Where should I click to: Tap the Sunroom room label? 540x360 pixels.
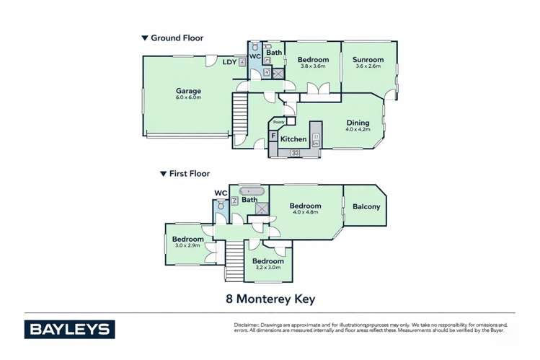point(368,60)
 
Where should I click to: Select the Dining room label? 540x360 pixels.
point(358,123)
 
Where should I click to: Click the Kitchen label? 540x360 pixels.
point(293,139)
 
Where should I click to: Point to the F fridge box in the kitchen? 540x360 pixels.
point(273,136)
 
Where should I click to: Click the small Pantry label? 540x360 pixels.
point(278,123)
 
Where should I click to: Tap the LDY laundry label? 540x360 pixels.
point(229,62)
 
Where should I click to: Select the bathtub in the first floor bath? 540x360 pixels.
point(251,190)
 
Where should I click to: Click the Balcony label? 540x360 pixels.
point(366,207)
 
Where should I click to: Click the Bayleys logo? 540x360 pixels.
point(70,329)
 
